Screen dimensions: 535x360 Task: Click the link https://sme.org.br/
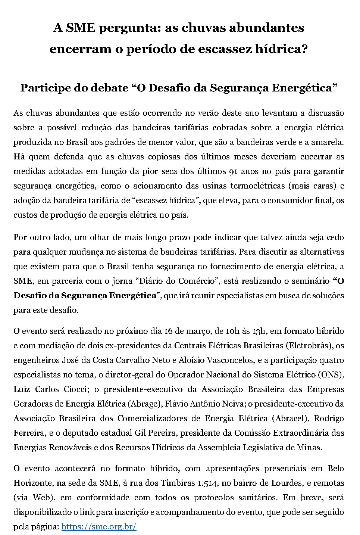pyautogui.click(x=99, y=527)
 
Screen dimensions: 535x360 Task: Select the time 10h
pyautogui.click(x=231, y=331)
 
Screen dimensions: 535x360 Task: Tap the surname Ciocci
pyautogui.click(x=75, y=389)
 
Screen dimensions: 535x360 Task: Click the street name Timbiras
pyautogui.click(x=178, y=483)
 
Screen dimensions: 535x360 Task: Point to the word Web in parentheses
pyautogui.click(x=42, y=498)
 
